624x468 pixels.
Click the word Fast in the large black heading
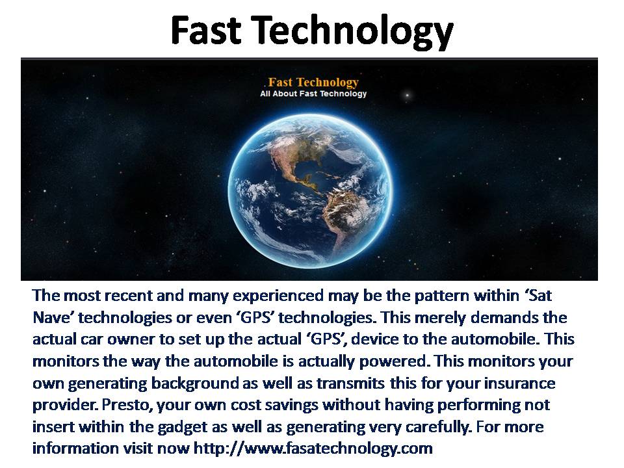tap(206, 30)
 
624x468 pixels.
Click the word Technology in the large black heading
tap(354, 32)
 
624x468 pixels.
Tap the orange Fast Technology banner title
tap(313, 83)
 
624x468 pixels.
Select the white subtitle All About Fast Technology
tap(313, 94)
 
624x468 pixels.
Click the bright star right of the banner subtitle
tap(407, 95)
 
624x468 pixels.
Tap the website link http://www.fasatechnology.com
tap(313, 448)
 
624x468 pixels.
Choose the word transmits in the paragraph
tap(350, 383)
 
